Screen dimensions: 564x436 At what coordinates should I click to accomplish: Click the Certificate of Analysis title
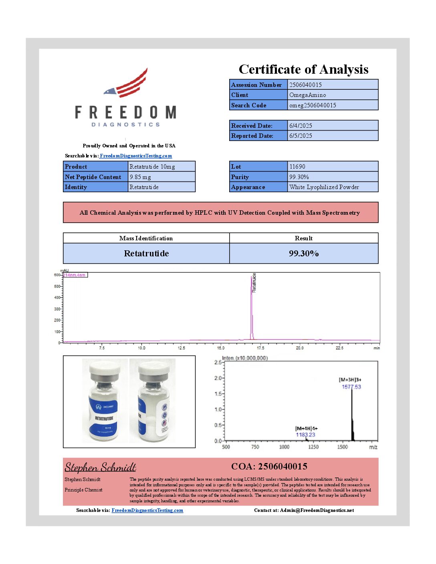[x=303, y=69]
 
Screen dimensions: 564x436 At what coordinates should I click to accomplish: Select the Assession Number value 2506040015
[x=305, y=85]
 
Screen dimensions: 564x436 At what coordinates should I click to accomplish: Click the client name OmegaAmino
[x=307, y=95]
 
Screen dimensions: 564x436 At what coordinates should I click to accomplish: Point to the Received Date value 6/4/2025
[x=301, y=126]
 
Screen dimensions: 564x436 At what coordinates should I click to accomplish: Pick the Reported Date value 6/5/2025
[x=301, y=136]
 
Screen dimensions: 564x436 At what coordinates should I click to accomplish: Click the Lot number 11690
[x=297, y=167]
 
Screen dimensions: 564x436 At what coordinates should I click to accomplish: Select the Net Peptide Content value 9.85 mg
[x=140, y=177]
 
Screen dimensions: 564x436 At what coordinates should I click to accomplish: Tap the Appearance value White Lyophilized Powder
[x=324, y=187]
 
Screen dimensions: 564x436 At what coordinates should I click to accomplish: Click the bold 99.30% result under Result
[x=304, y=254]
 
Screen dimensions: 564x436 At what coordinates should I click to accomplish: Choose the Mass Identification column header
[x=146, y=238]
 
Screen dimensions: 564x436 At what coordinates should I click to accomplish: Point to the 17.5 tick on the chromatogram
[x=260, y=348]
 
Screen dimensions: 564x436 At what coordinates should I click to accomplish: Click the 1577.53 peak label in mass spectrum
[x=351, y=387]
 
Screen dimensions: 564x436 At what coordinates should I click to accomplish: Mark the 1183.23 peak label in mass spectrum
[x=305, y=435]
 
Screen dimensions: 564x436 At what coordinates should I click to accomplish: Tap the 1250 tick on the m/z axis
[x=313, y=447]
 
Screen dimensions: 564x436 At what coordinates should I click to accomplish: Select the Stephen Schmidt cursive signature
[x=100, y=467]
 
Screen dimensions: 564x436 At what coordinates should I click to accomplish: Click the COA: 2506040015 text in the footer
[x=269, y=467]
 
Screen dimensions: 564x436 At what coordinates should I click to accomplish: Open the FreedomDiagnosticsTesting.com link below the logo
[x=136, y=156]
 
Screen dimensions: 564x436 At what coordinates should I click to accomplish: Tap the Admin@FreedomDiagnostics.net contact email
[x=317, y=510]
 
